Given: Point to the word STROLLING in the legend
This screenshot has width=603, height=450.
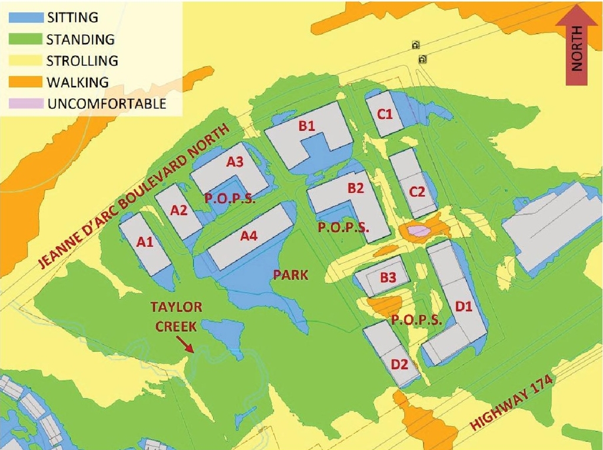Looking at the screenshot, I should (x=82, y=60).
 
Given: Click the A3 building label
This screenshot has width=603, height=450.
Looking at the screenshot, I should (x=235, y=162).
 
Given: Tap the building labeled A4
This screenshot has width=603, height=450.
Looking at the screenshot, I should (x=250, y=236).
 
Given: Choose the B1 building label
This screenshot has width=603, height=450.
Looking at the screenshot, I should (x=307, y=126).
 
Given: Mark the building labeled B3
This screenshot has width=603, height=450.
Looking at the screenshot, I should (x=387, y=276).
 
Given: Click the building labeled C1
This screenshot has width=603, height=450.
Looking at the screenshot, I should (x=385, y=114).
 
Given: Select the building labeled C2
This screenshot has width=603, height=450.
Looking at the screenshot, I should (x=417, y=191).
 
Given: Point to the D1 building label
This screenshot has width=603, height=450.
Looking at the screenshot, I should (x=465, y=306).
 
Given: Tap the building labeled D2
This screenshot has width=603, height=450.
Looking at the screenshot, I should (x=400, y=363).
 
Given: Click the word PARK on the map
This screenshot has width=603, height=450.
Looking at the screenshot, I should (x=291, y=275).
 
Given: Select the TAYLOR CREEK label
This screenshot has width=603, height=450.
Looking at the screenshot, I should (x=177, y=315).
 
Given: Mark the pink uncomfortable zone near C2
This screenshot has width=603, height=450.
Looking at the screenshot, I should (x=419, y=231).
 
